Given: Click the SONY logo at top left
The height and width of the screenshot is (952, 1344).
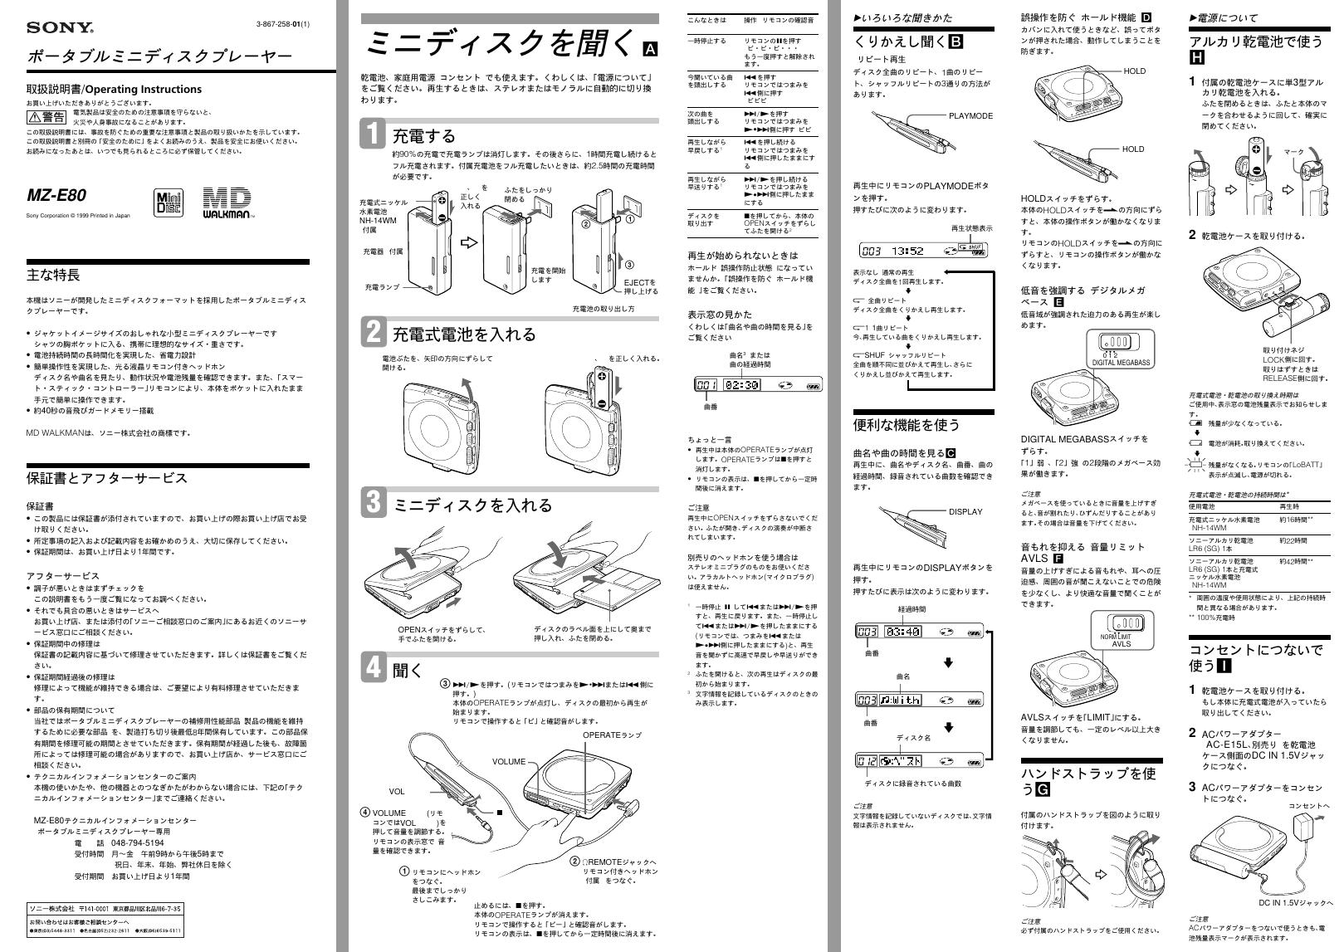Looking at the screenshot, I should [x=60, y=27].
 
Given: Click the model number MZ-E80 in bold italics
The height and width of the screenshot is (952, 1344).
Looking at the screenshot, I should [x=56, y=196].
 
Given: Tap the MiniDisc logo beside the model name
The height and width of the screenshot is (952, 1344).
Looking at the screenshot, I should [x=169, y=203].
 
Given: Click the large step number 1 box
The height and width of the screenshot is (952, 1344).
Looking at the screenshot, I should [x=374, y=134].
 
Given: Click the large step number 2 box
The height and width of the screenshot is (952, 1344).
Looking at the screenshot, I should [x=374, y=332].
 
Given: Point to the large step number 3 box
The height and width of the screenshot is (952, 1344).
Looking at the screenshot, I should [x=374, y=503].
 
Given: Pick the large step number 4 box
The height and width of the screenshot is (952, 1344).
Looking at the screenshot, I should [x=374, y=668].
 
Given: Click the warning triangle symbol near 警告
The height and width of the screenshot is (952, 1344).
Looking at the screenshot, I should [x=35, y=116].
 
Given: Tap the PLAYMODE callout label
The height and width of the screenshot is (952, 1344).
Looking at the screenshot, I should [x=970, y=116].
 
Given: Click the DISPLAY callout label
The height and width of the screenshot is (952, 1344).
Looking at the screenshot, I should [x=965, y=512].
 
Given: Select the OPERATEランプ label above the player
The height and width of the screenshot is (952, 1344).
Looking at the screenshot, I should [x=612, y=735].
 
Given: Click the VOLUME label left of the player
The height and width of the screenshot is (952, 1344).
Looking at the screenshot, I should [x=509, y=762].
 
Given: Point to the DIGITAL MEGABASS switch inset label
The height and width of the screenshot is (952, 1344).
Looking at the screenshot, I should [x=1121, y=363].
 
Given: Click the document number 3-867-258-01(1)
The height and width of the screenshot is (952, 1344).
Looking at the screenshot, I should [x=283, y=23].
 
